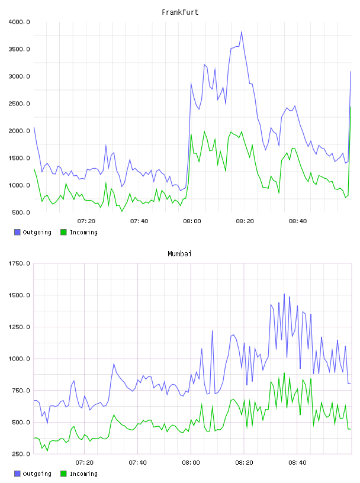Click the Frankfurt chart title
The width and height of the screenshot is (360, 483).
tap(180, 12)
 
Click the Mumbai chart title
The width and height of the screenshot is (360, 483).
tap(179, 254)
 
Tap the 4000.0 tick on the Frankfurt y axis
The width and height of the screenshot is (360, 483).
tap(19, 22)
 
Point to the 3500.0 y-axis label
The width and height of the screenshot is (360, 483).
tap(19, 49)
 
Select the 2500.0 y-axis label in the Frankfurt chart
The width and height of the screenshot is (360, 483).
tap(19, 104)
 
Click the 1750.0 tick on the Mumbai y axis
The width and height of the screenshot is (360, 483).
tap(19, 263)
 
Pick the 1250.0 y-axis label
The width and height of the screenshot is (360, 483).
tap(19, 327)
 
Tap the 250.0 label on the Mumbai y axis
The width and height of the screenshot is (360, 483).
tap(21, 454)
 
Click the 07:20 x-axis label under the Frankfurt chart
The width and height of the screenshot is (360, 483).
tap(86, 221)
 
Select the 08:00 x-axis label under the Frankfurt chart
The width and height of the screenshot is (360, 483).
tap(192, 221)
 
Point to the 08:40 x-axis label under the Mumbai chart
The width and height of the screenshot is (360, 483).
tap(297, 463)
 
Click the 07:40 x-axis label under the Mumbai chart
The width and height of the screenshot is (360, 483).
tap(138, 463)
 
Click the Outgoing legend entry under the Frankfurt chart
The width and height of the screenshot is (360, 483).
tap(33, 232)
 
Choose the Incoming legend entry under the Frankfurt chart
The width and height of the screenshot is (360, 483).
tap(79, 232)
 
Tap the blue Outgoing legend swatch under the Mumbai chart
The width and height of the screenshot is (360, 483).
tap(17, 474)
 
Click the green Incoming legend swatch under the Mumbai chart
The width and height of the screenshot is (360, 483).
tap(63, 474)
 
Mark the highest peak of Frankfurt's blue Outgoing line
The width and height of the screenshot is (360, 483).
tap(242, 31)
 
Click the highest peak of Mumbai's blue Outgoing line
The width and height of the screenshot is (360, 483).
tap(284, 294)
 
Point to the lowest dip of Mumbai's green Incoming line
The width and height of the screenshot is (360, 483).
tap(47, 450)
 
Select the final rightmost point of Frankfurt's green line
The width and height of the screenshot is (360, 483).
tap(351, 107)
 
